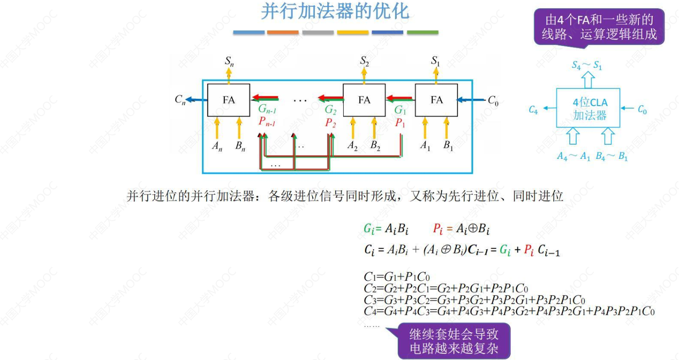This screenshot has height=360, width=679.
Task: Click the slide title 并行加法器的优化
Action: (335, 12)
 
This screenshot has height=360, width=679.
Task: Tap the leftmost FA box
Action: (228, 100)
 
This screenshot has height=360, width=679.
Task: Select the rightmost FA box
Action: (436, 100)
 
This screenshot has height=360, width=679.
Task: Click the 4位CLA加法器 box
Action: (589, 108)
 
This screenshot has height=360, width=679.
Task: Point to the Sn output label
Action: (229, 61)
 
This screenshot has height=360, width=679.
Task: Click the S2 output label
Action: (365, 61)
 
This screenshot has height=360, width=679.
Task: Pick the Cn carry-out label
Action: (180, 100)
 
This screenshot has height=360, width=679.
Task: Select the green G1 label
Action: (400, 110)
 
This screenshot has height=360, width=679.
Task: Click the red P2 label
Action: (330, 122)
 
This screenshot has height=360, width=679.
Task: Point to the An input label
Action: (217, 147)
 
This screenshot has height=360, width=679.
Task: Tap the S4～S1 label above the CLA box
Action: (587, 66)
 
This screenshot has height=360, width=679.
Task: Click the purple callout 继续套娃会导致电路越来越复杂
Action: (454, 341)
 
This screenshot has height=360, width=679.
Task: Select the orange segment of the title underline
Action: (283, 32)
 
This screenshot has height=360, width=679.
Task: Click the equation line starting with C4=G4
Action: (509, 312)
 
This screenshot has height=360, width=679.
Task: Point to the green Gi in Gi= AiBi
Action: (368, 229)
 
